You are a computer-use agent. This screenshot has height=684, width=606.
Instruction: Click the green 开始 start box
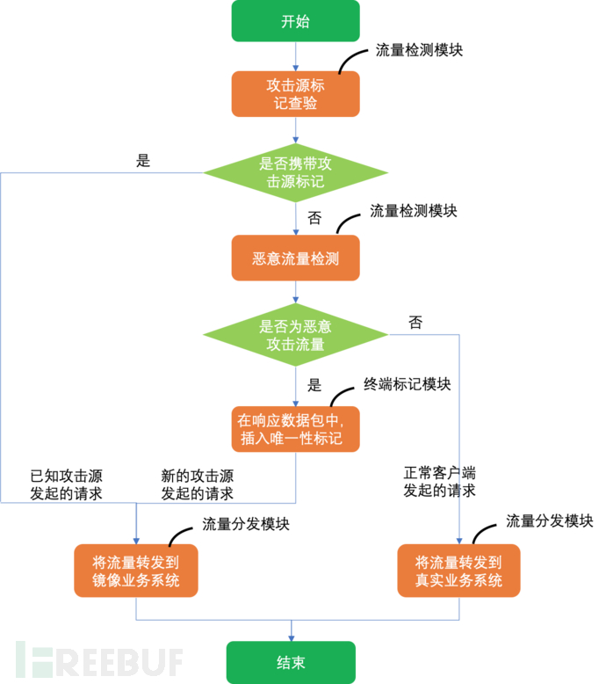pyautogui.click(x=295, y=22)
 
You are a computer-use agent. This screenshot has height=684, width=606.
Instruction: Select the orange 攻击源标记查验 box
pyautogui.click(x=295, y=94)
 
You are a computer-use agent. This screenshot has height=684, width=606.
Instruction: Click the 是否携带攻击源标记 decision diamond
pyautogui.click(x=295, y=172)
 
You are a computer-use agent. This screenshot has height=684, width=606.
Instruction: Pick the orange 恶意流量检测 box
pyautogui.click(x=295, y=258)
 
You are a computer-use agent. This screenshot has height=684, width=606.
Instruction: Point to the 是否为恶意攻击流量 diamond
pyautogui.click(x=295, y=335)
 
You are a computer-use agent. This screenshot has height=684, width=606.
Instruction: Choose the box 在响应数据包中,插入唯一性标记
pyautogui.click(x=295, y=428)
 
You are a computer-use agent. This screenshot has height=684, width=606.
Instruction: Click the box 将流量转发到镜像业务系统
pyautogui.click(x=135, y=571)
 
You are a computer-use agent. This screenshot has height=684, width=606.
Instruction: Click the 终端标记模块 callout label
pyautogui.click(x=407, y=384)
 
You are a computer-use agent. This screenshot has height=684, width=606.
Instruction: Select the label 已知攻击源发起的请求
pyautogui.click(x=66, y=484)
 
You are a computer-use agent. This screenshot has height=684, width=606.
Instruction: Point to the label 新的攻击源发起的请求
pyautogui.click(x=197, y=484)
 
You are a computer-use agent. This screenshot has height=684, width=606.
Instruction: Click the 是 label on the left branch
pyautogui.click(x=143, y=161)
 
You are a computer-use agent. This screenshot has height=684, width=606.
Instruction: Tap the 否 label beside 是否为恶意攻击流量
pyautogui.click(x=415, y=323)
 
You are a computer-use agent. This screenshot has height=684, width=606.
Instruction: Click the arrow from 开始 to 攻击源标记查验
pyautogui.click(x=295, y=56)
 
